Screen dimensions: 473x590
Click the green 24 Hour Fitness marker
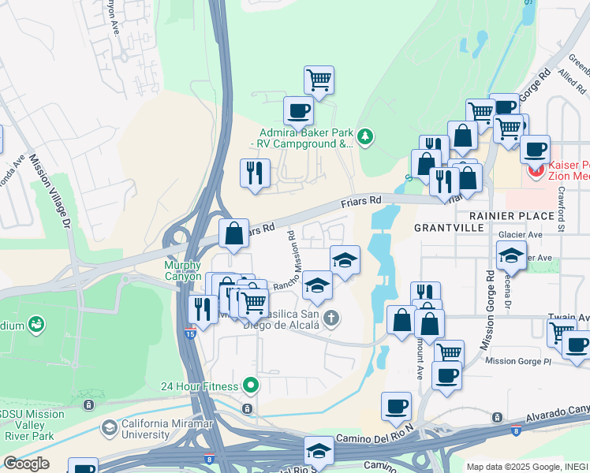pos(251,385)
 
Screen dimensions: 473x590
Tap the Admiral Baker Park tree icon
pos(364,137)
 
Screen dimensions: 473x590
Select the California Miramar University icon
pos(110,428)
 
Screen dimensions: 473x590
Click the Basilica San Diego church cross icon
pos(332,318)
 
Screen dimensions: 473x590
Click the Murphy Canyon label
pos(183,270)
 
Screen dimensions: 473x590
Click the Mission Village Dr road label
pos(50,189)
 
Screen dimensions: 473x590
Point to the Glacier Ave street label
pos(521,234)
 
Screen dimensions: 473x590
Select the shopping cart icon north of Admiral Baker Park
pos(319,79)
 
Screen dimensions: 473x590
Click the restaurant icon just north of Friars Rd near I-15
pos(255,173)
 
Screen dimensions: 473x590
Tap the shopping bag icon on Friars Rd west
pos(233,233)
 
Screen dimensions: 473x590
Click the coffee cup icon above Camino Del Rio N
pos(396,407)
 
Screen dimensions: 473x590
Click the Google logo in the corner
pos(26,464)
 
